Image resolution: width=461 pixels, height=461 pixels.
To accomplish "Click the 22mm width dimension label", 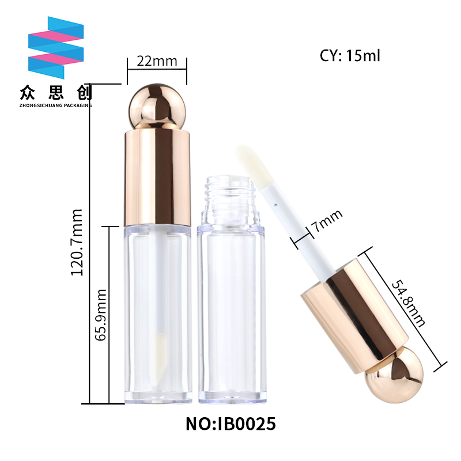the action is click(157, 61).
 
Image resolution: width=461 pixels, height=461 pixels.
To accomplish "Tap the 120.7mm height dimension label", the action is click(77, 242).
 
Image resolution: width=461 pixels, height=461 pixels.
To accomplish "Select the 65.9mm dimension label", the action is click(100, 315).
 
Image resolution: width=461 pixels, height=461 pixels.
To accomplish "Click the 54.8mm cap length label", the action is click(408, 304).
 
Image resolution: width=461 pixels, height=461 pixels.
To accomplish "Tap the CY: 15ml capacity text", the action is click(350, 55).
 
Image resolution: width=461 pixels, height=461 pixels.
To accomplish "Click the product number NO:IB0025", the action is click(231, 424).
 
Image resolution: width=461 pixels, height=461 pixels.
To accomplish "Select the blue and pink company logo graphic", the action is click(56, 48).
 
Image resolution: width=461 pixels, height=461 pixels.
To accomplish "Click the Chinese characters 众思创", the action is click(56, 93).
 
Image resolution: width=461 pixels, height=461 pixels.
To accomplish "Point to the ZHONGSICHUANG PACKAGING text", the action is click(55, 105).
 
